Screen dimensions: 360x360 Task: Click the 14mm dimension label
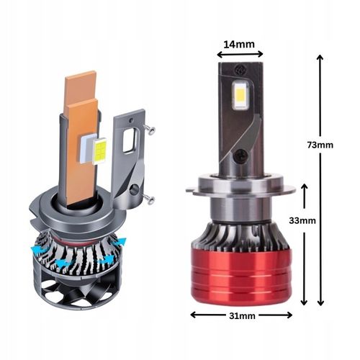point(240,45)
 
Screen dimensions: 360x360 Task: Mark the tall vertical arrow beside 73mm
point(320,180)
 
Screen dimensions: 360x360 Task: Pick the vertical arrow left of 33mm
point(305,245)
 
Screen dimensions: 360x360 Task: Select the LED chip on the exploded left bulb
point(100,150)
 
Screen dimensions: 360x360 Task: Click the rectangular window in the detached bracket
point(130,141)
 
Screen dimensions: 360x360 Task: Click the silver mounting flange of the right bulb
point(240,191)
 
